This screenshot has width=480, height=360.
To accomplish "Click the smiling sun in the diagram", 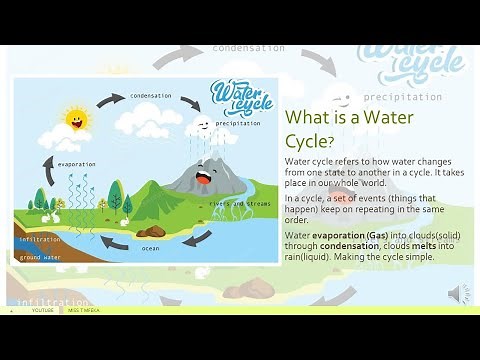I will coord(76,120).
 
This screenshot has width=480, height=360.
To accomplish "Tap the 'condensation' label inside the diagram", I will coord(150,96).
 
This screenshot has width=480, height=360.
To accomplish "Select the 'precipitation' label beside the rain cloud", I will coord(238,123).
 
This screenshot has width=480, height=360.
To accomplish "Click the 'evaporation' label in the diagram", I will coord(77,164).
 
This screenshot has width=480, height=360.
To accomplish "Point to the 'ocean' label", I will coord(150,248).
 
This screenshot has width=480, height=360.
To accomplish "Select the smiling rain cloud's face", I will coord(202,125).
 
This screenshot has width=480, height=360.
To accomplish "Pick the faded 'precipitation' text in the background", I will coord(402,97).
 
